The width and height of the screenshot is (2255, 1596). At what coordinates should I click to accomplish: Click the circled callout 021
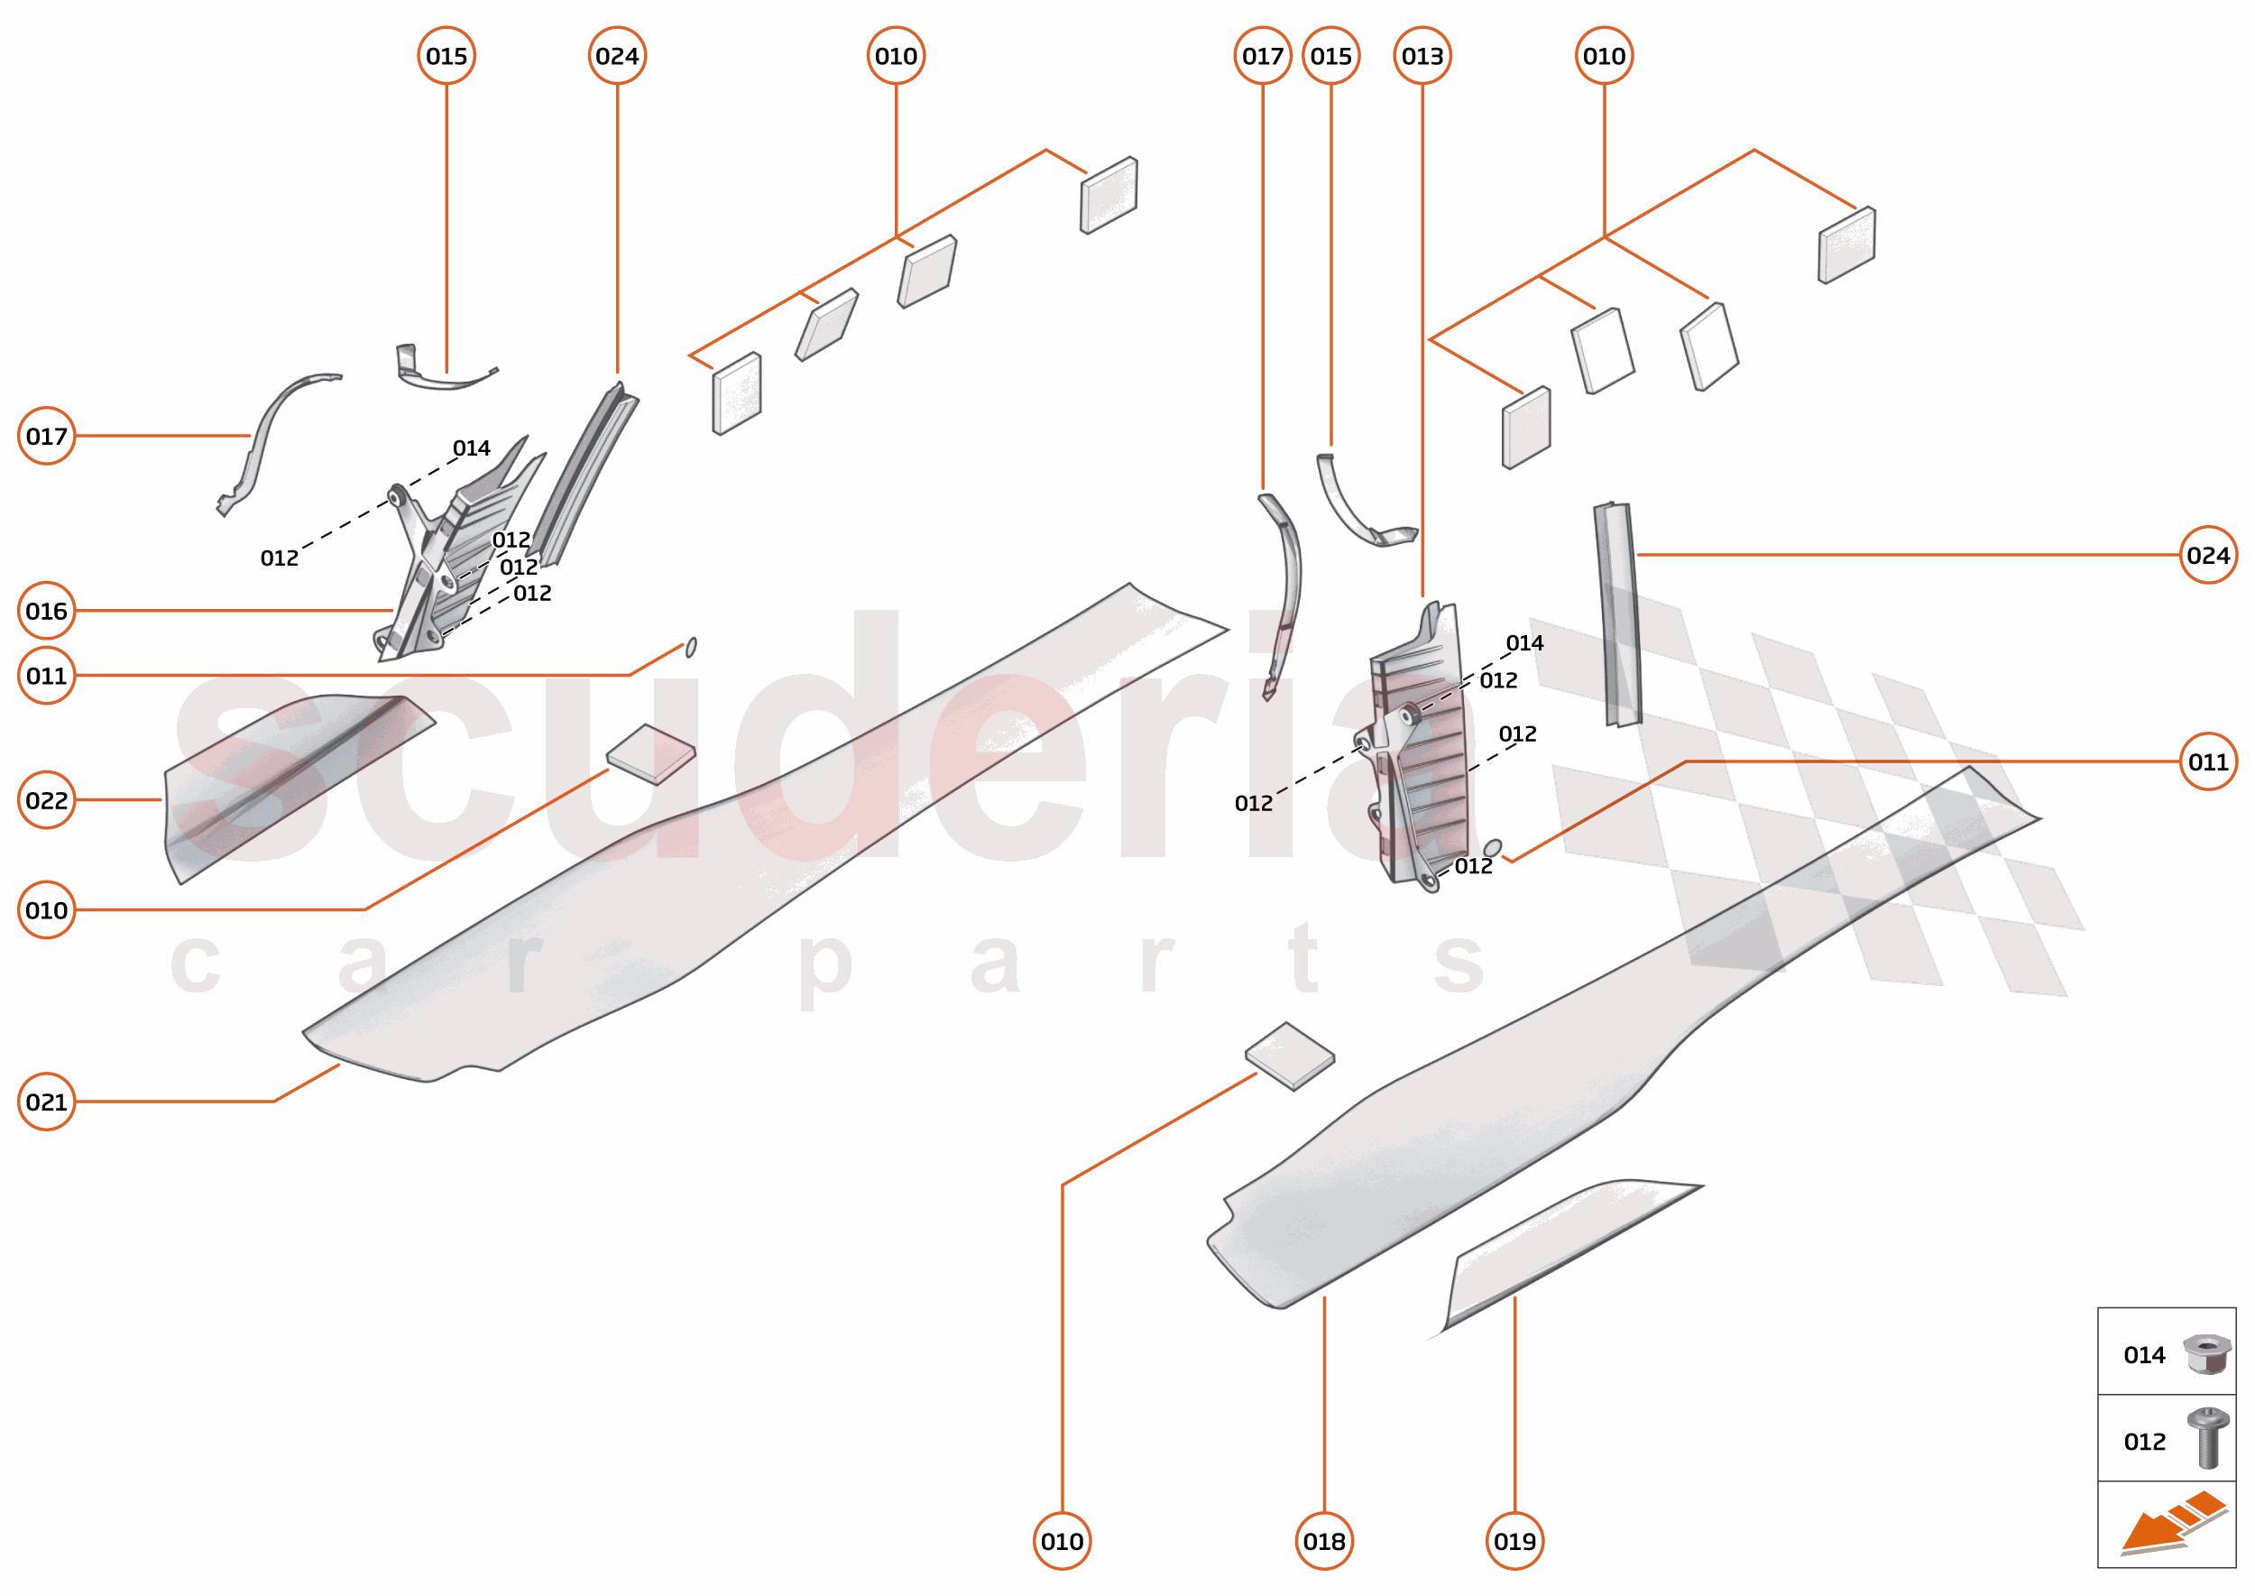pyautogui.click(x=46, y=1102)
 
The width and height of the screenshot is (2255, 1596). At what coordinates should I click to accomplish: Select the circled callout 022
pyautogui.click(x=46, y=800)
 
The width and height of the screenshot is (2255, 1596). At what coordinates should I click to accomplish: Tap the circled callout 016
pyautogui.click(x=46, y=612)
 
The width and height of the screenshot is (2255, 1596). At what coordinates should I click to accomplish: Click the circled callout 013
pyautogui.click(x=1422, y=56)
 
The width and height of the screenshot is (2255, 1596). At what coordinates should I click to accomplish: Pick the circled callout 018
pyautogui.click(x=1323, y=1541)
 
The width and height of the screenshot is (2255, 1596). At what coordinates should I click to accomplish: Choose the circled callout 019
pyautogui.click(x=1514, y=1541)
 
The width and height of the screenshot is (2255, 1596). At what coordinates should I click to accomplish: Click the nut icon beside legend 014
pyautogui.click(x=2206, y=1354)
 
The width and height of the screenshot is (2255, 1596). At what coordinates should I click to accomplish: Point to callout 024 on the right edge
pyautogui.click(x=2208, y=555)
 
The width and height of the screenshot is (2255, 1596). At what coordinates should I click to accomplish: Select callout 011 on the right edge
pyautogui.click(x=2208, y=761)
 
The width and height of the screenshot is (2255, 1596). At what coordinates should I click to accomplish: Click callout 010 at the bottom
pyautogui.click(x=1063, y=1541)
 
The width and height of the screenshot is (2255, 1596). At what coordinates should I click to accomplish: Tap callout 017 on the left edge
pyautogui.click(x=46, y=436)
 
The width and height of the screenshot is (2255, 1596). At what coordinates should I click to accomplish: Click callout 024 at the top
pyautogui.click(x=617, y=56)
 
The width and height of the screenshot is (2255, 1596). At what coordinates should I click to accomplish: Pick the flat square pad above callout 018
pyautogui.click(x=1289, y=1056)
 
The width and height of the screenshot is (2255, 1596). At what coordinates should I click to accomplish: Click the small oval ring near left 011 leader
pyautogui.click(x=691, y=647)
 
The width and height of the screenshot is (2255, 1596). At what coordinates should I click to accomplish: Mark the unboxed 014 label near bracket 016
pyautogui.click(x=472, y=448)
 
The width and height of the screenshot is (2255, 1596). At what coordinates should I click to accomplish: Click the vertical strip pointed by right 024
pyautogui.click(x=1617, y=614)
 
